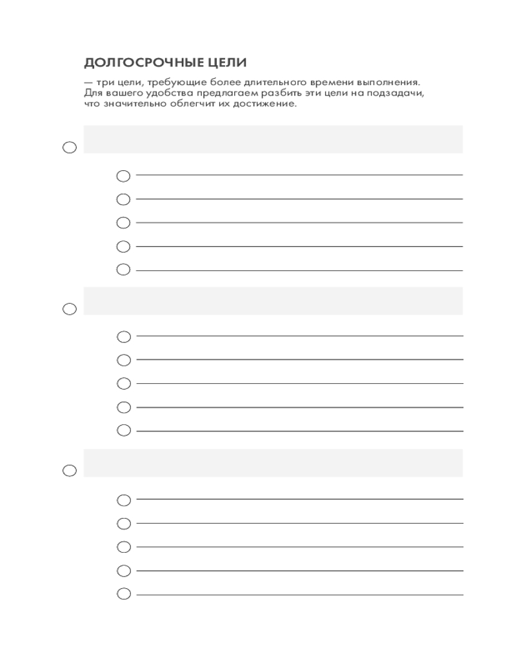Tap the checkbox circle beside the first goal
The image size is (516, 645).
(x=70, y=148)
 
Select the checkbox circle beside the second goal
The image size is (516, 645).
(x=70, y=309)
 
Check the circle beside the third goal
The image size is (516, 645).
(x=70, y=471)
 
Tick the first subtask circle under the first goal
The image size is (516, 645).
(x=123, y=175)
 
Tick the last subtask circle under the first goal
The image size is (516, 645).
(x=123, y=270)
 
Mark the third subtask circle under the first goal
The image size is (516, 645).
(x=123, y=223)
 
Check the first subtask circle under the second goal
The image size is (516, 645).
(x=123, y=337)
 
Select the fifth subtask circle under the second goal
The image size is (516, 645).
(x=123, y=430)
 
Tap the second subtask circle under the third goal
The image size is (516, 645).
(x=123, y=523)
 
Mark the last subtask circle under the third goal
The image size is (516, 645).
(x=123, y=594)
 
